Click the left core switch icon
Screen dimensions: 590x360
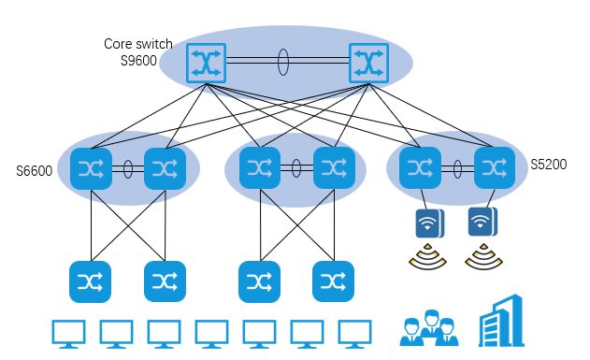pyautogui.click(x=207, y=64)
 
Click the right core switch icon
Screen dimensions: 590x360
pyautogui.click(x=368, y=64)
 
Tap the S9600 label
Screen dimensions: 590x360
pyautogui.click(x=138, y=61)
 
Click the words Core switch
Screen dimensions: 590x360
pyautogui.click(x=138, y=44)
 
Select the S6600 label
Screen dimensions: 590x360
pyautogui.click(x=35, y=171)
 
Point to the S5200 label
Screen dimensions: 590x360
pyautogui.click(x=549, y=165)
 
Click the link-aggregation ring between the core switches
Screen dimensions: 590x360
pyautogui.click(x=283, y=62)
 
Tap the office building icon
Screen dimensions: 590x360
pyautogui.click(x=501, y=321)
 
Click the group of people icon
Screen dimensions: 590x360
pyautogui.click(x=429, y=327)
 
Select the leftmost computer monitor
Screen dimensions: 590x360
pyautogui.click(x=68, y=334)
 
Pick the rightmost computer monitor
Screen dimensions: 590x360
pyautogui.click(x=354, y=334)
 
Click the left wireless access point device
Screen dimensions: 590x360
pyautogui.click(x=430, y=223)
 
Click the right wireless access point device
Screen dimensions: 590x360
pyautogui.click(x=482, y=222)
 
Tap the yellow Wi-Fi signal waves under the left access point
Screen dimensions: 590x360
pyautogui.click(x=428, y=256)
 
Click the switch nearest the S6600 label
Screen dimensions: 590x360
pyautogui.click(x=91, y=168)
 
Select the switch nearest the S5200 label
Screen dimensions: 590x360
pyautogui.click(x=495, y=167)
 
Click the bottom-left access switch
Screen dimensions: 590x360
pyautogui.click(x=91, y=281)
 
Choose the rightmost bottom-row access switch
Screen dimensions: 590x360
pyautogui.click(x=334, y=281)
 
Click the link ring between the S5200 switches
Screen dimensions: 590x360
pyautogui.click(x=457, y=169)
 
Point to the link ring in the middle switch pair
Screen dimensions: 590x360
pyautogui.click(x=296, y=168)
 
